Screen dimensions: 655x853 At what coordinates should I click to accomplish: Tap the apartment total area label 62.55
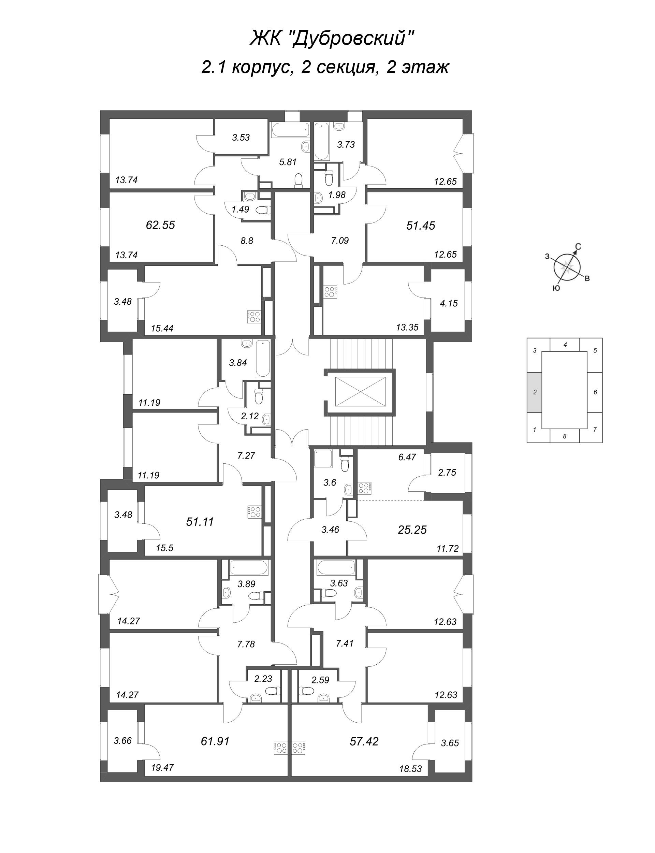click(x=160, y=225)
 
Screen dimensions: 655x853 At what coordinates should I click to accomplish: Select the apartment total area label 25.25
click(x=412, y=530)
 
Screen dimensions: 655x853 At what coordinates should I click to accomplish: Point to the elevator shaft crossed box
click(x=360, y=392)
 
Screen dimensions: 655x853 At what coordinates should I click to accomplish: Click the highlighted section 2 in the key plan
click(x=535, y=392)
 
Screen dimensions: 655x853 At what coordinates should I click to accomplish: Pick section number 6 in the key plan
click(x=595, y=392)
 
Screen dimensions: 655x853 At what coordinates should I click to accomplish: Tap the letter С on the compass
click(x=579, y=246)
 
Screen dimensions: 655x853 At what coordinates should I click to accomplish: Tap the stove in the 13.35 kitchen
click(x=331, y=292)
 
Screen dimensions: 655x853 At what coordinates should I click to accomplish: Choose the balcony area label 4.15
click(x=448, y=303)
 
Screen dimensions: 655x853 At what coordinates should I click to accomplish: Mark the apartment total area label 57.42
click(x=364, y=741)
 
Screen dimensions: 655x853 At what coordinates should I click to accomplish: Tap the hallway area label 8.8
click(x=247, y=241)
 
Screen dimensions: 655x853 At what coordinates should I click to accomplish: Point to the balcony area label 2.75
click(x=447, y=472)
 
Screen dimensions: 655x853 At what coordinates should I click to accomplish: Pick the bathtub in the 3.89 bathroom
click(x=249, y=568)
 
